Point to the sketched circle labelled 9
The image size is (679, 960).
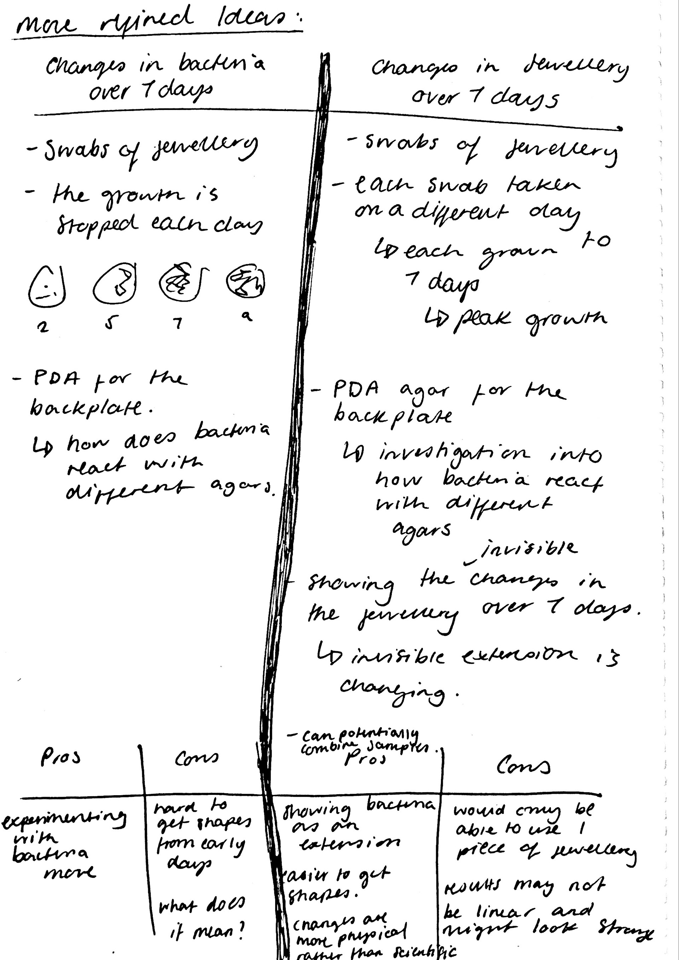click(245, 280)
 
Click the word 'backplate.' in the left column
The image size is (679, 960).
click(91, 407)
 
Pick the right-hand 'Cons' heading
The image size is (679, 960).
click(523, 766)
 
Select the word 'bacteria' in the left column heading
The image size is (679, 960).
click(222, 65)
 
